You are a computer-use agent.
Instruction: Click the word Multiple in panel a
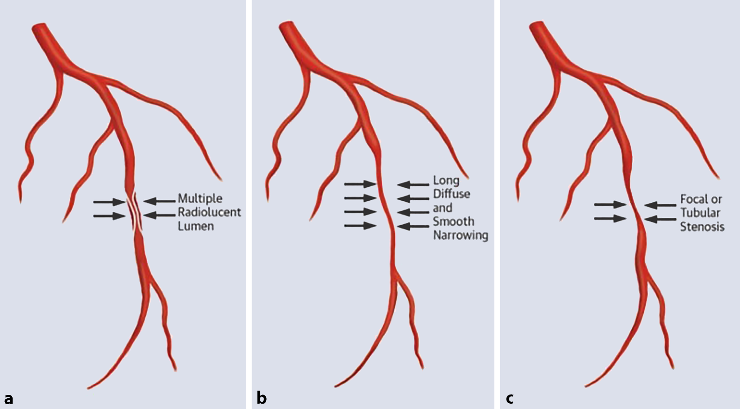(x=200, y=198)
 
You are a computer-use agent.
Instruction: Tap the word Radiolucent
(x=209, y=212)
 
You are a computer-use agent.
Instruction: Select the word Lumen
(x=195, y=226)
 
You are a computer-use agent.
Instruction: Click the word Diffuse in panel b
(x=451, y=194)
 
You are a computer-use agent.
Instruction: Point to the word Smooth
(x=454, y=222)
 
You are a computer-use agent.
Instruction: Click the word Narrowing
(x=460, y=236)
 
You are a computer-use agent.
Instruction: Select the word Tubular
(x=700, y=213)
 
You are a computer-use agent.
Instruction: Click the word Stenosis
(x=702, y=227)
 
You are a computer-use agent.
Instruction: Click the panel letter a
(x=8, y=398)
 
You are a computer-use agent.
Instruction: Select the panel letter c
(x=509, y=398)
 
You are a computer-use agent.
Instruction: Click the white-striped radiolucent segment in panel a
(x=135, y=212)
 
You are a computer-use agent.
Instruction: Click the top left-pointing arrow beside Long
(x=413, y=184)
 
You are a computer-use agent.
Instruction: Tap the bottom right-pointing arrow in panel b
(x=360, y=226)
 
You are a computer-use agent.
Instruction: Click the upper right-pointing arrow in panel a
(x=109, y=201)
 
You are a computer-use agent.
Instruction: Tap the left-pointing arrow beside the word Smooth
(x=413, y=226)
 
